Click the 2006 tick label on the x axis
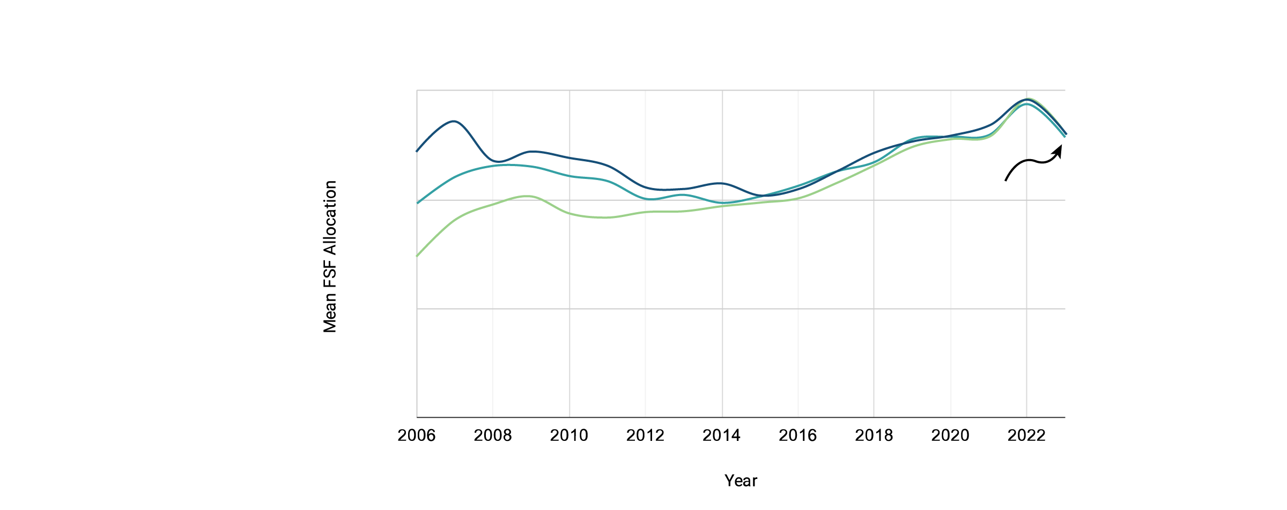coord(417,436)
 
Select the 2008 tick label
coord(493,436)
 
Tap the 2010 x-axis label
coord(569,436)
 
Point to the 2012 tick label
coord(645,436)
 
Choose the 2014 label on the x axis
coord(722,436)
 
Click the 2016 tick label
coord(798,436)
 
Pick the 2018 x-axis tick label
coord(874,436)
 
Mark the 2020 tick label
coord(950,436)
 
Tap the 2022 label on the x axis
coord(1026,436)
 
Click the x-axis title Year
coord(741,481)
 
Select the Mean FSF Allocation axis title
coord(330,257)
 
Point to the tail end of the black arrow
coord(1005,181)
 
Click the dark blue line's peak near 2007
coord(454,122)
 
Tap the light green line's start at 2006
coord(417,256)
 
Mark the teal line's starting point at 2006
coord(417,203)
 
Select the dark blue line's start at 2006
coord(417,151)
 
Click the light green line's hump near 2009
coord(529,197)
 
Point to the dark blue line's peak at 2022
coord(1027,100)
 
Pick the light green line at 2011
coord(607,217)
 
